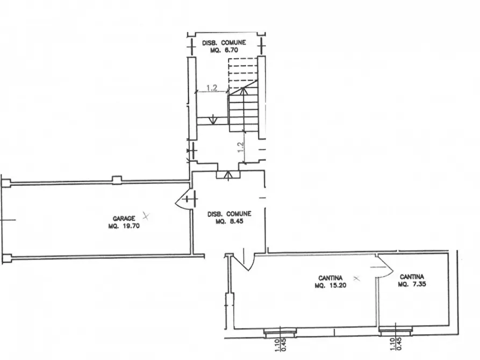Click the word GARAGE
point(124,219)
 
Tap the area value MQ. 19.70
point(124,226)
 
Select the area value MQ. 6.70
point(224,50)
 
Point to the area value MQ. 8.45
point(230,221)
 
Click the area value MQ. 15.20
point(331,285)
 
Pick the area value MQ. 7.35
point(412,284)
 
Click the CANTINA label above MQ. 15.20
point(331,278)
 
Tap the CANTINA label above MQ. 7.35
point(412,277)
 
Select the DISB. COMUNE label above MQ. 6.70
point(224,43)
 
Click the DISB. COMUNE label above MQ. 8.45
point(230,214)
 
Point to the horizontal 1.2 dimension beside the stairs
point(212,88)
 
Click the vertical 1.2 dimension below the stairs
point(241,147)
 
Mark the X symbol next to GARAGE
point(146,216)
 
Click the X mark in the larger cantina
point(356,278)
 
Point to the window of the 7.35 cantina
point(396,330)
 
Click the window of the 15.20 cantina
point(281,332)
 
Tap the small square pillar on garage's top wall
point(117,180)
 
